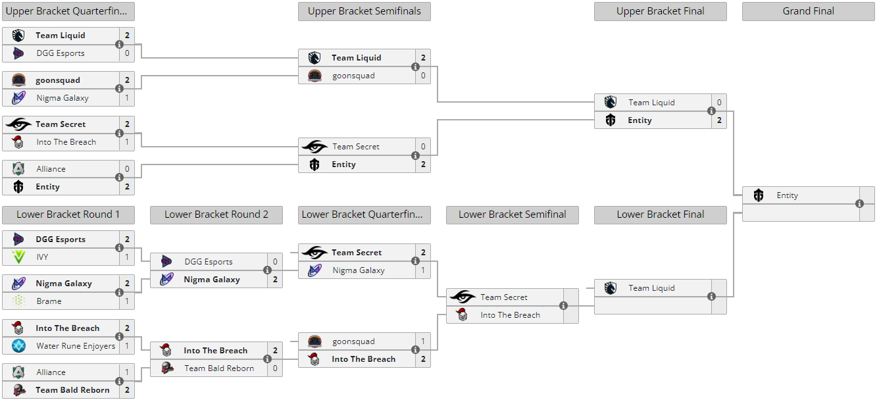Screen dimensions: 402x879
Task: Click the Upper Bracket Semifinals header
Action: tap(364, 11)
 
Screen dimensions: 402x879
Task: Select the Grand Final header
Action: tap(808, 11)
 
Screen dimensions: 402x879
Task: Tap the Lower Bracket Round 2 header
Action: tap(216, 214)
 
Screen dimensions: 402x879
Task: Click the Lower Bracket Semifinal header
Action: tap(512, 214)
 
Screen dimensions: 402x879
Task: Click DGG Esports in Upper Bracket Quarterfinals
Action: tap(61, 53)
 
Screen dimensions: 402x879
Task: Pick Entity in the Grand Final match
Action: tap(787, 195)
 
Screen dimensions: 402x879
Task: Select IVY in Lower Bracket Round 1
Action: tap(42, 257)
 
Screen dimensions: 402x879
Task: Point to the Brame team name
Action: tap(49, 301)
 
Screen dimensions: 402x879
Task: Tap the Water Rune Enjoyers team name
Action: tap(76, 346)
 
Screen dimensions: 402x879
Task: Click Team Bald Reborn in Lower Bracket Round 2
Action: tap(218, 368)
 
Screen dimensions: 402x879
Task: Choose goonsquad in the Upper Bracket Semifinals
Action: tap(353, 76)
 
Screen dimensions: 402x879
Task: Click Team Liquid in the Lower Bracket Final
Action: tap(651, 288)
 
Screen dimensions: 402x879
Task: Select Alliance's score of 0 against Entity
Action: tap(127, 169)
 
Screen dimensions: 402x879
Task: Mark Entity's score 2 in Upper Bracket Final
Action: tap(719, 120)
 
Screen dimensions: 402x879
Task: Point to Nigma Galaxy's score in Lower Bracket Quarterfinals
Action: tap(423, 270)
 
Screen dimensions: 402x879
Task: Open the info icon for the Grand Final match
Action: tap(859, 204)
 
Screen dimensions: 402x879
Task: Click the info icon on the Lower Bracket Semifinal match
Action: tap(563, 306)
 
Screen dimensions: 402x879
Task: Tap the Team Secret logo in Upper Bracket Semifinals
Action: tap(314, 147)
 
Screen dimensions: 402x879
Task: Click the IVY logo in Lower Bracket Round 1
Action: tap(19, 257)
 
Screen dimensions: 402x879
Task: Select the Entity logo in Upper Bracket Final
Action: tap(611, 120)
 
